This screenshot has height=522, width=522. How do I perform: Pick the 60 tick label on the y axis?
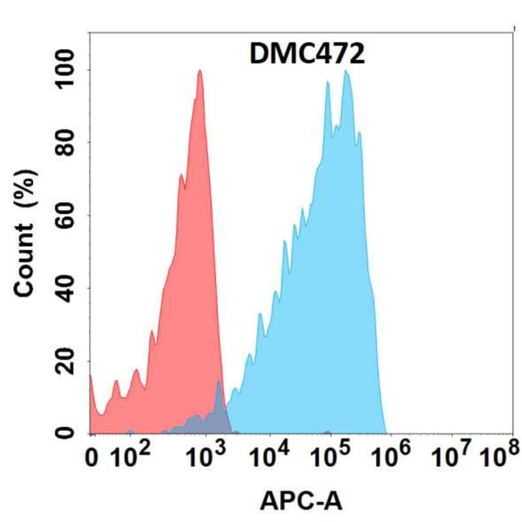click(x=66, y=216)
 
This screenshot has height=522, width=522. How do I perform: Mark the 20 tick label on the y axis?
click(x=66, y=361)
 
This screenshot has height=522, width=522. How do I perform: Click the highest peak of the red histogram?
click(x=200, y=71)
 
